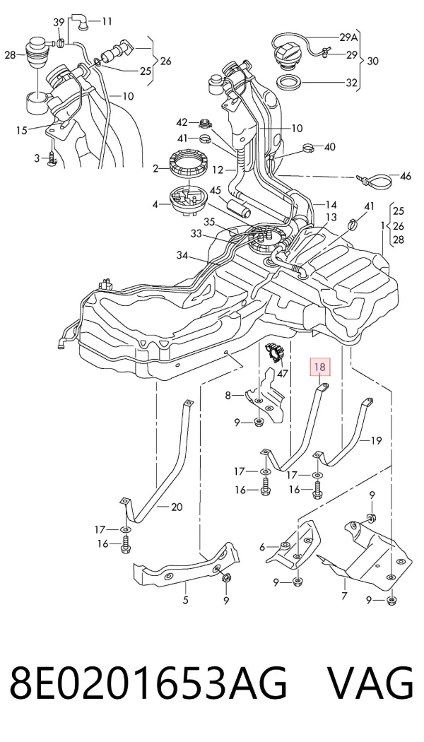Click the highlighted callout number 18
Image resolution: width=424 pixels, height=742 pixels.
coord(319,367)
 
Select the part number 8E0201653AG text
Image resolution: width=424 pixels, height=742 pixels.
coord(148,683)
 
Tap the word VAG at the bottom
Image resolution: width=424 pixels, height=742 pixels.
coord(370,683)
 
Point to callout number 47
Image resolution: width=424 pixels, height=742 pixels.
coord(283,374)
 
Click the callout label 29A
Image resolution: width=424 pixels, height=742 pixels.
coord(349,37)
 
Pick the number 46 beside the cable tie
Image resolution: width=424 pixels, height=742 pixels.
coord(406,177)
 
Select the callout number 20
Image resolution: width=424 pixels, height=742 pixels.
coord(177,507)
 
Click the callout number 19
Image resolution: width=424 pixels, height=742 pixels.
coord(376,441)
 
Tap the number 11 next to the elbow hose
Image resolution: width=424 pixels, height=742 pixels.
coord(107,21)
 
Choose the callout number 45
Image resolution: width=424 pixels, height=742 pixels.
coord(216,190)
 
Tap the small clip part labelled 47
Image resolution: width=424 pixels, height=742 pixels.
coord(274,353)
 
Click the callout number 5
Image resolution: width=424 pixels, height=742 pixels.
coord(185,600)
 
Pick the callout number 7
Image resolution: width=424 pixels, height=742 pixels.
coord(344,595)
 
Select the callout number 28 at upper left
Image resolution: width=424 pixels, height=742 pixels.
coord(11,55)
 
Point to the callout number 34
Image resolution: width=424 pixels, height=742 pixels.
coord(182,256)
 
